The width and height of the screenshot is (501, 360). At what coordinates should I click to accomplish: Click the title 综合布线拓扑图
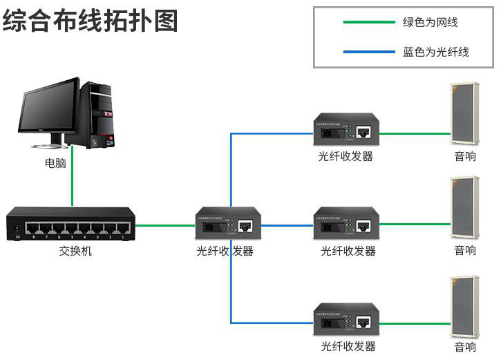coord(91,20)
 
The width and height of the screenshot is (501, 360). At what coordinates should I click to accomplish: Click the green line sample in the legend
coord(369,22)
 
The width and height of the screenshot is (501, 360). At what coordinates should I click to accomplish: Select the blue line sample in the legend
coord(369,51)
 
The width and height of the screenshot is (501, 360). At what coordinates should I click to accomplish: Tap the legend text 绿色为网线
coord(430,22)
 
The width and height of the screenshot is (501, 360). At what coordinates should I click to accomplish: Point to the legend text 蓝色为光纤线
coord(435,51)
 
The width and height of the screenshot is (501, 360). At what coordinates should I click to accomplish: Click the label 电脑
coord(56,164)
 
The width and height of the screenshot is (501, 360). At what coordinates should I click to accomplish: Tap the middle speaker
coord(464,207)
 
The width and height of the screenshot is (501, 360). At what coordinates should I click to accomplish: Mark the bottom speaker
coord(464,304)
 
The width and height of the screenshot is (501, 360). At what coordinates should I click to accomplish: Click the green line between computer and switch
coord(71,187)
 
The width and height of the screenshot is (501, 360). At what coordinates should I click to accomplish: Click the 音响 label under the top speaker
coord(465,156)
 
